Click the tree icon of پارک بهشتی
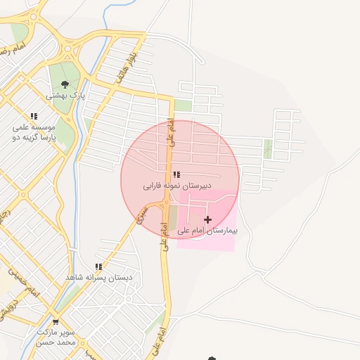pyautogui.click(x=65, y=84)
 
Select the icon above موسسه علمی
pyautogui.click(x=33, y=117)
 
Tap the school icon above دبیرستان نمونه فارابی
pyautogui.click(x=176, y=174)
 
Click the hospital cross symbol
pyautogui.click(x=207, y=220)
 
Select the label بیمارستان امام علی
pyautogui.click(x=207, y=231)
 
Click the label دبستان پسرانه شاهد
pyautogui.click(x=98, y=278)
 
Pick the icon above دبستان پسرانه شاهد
pyautogui.click(x=98, y=267)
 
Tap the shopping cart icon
pyautogui.click(x=56, y=322)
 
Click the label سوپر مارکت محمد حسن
pyautogui.click(x=58, y=337)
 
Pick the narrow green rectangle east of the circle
pyautogui.click(x=267, y=148)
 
